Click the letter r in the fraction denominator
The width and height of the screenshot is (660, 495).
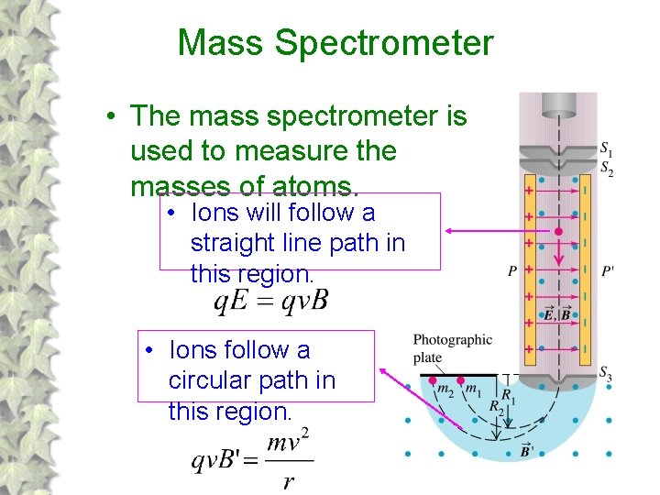click(289, 481)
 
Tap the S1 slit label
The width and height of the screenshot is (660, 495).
click(607, 148)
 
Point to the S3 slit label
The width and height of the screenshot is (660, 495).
click(607, 372)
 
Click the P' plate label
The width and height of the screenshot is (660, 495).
click(608, 270)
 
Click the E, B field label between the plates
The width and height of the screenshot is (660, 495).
click(556, 314)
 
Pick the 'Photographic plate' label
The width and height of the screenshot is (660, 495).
click(452, 348)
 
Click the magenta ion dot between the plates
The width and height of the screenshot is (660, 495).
click(558, 232)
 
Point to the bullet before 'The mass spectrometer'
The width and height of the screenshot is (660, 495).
click(109, 117)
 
